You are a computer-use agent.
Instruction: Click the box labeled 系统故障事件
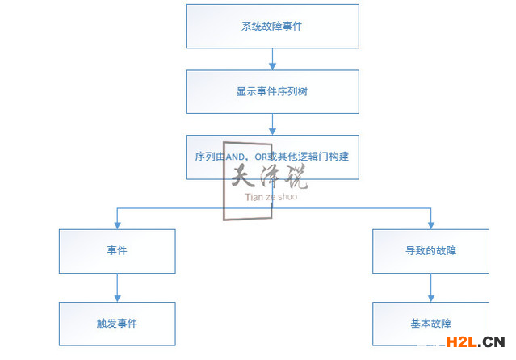pos(272,26)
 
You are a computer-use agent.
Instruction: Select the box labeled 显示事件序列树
pos(272,91)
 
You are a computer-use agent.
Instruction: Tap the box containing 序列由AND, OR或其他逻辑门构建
pos(272,156)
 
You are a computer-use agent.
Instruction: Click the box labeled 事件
pos(117,251)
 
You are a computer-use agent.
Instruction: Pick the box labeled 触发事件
pos(117,324)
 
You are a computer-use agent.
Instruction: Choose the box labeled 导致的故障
pos(430,251)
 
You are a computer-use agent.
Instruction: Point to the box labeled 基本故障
pos(430,324)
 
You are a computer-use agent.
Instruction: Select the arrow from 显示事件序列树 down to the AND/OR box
pos(272,123)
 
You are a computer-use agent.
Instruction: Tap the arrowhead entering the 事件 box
pos(117,224)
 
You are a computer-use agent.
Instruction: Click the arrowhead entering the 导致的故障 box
pos(430,224)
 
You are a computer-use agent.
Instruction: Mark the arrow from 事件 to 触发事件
pos(117,287)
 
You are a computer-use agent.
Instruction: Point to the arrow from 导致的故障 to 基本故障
pos(430,287)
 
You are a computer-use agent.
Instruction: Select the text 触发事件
pos(117,324)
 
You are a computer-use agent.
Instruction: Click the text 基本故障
pos(430,324)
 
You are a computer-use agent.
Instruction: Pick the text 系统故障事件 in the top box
pos(272,26)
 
